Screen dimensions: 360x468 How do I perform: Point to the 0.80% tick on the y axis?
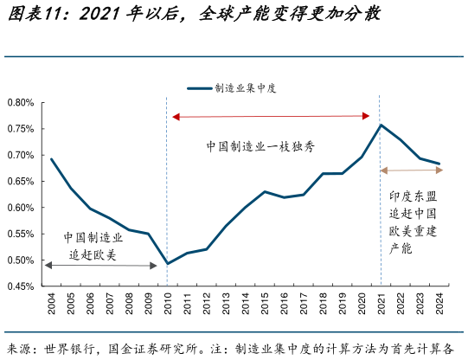(x=21, y=103)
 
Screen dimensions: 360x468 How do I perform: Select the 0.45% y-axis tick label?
(x=21, y=286)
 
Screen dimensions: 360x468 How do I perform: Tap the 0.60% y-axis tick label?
(x=21, y=208)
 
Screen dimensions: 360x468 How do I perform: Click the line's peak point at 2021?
(x=381, y=125)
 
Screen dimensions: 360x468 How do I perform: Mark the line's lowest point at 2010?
(x=166, y=264)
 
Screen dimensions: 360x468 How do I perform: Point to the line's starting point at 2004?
(x=51, y=159)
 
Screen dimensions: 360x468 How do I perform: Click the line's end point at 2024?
(x=439, y=164)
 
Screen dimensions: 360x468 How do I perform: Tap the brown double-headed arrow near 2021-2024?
(x=413, y=170)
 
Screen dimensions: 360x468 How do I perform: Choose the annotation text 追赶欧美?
(x=93, y=254)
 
